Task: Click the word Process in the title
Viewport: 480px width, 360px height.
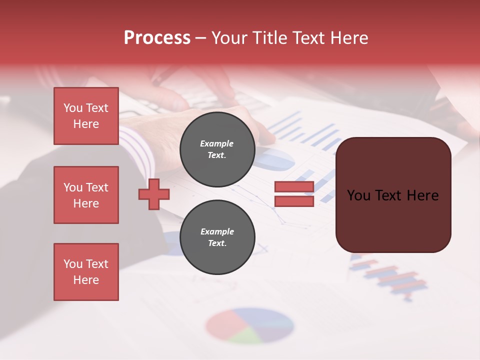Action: point(157,38)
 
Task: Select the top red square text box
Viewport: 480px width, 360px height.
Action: point(86,116)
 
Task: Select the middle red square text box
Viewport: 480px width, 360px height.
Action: point(86,195)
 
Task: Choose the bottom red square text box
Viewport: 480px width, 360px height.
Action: point(86,272)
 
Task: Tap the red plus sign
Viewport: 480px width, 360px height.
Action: point(154,194)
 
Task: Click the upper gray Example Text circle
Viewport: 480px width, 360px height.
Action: point(217,149)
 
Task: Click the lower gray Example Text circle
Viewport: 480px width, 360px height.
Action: point(217,237)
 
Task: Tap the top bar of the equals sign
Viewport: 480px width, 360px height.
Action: point(294,186)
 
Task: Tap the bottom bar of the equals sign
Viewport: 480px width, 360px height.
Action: point(294,201)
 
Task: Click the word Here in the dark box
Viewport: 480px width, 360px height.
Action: point(422,195)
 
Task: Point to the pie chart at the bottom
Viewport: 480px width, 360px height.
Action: point(249,325)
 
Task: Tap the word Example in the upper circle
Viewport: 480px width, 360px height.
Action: point(216,144)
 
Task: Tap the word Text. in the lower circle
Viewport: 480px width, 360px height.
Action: point(217,243)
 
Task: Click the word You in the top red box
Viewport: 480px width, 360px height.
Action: point(72,108)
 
